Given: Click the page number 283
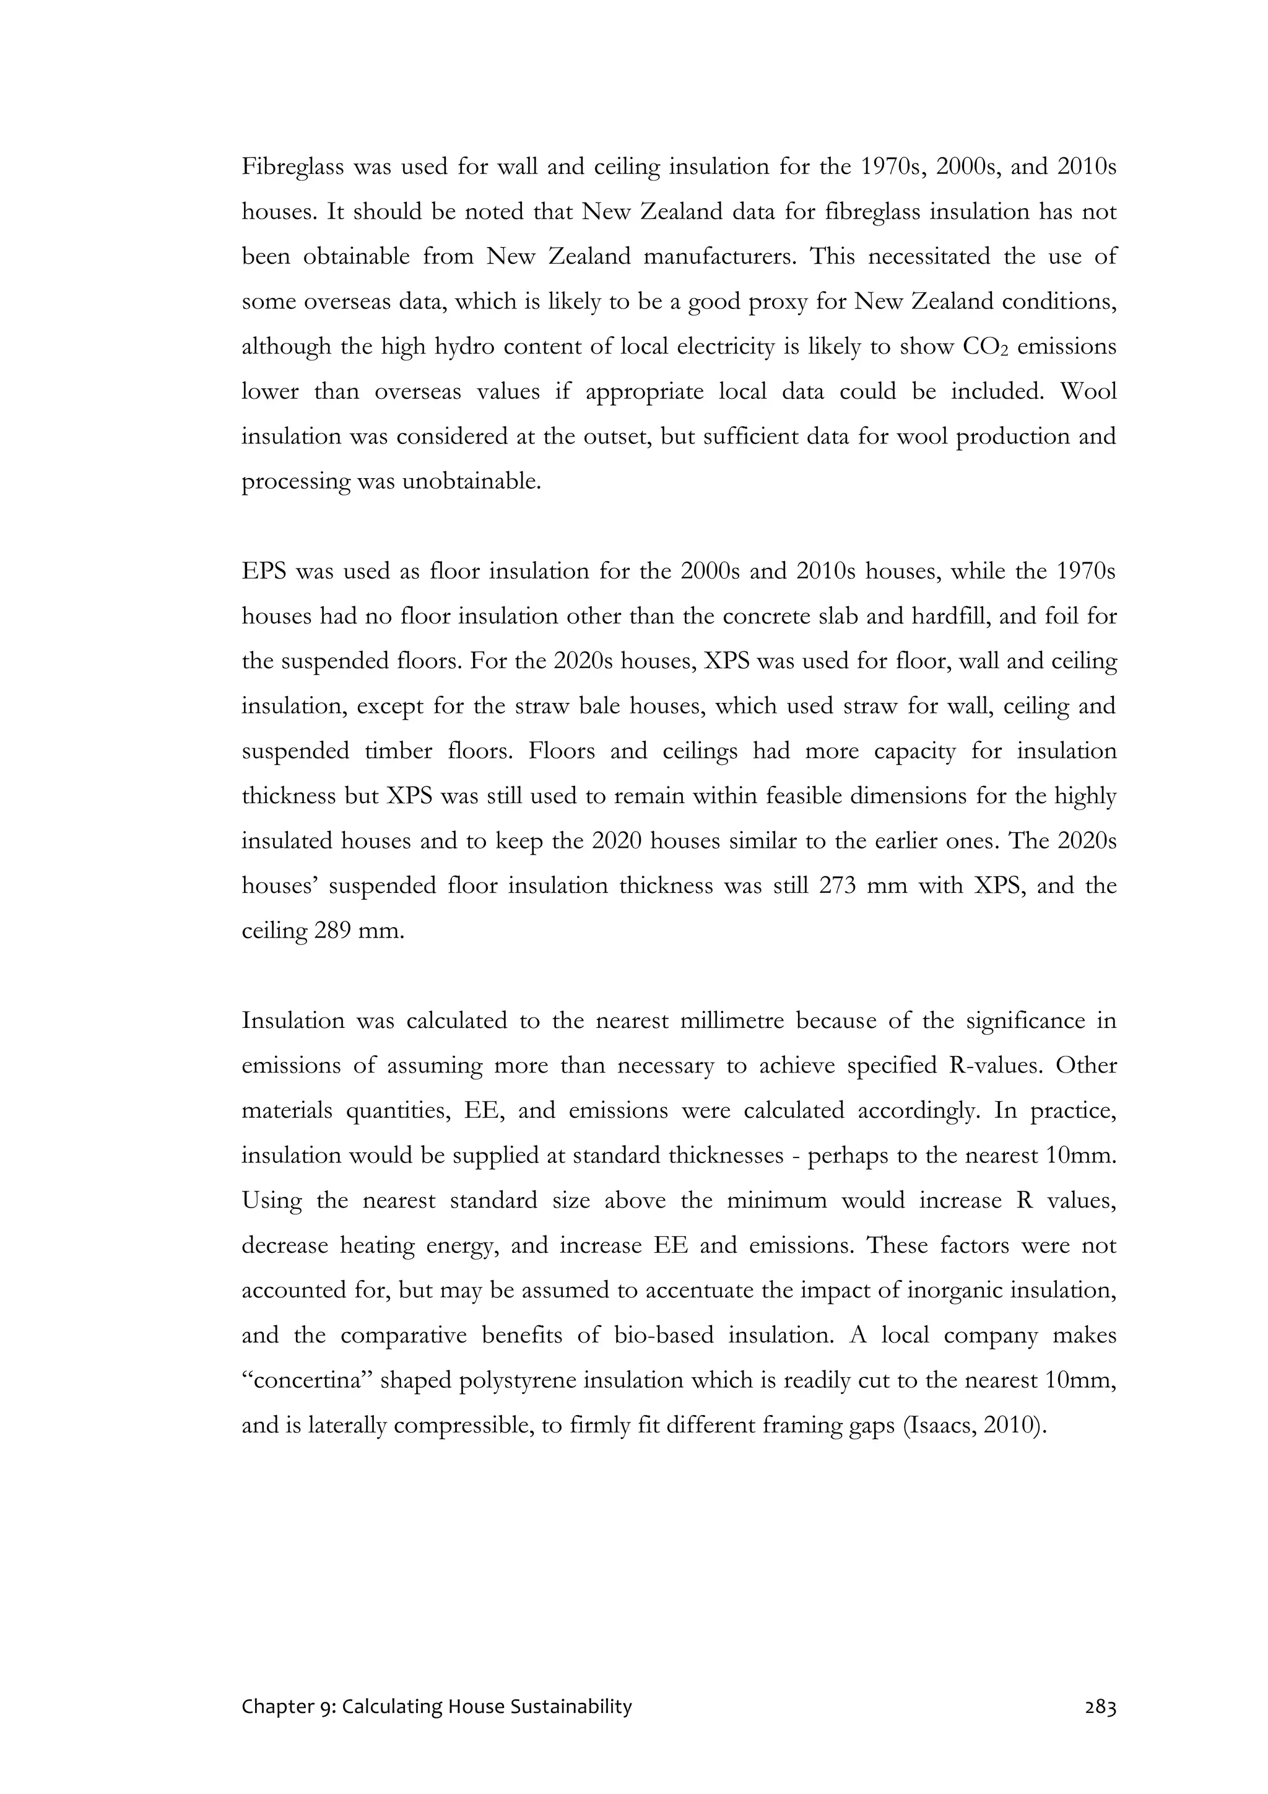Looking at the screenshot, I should (1100, 1707).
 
